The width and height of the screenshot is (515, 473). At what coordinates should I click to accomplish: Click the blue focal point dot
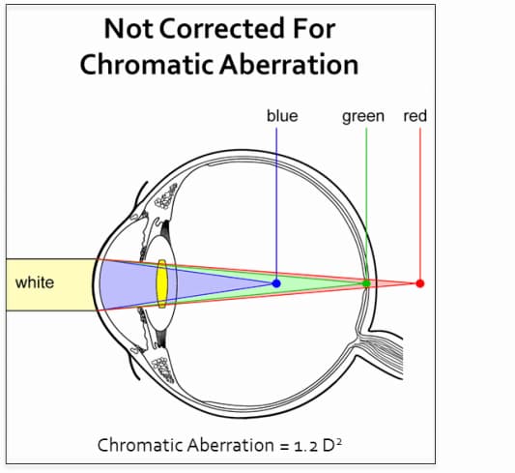pos(276,283)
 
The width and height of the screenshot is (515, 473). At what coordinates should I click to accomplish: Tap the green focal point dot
pos(366,283)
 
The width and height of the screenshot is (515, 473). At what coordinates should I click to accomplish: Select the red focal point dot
pos(420,283)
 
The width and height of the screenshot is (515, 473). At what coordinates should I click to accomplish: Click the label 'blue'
pos(282,116)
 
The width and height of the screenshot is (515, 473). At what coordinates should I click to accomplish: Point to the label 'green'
pos(363,117)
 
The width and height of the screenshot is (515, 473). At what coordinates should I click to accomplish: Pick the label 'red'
pos(415,116)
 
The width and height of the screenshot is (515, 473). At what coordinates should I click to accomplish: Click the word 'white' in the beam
pos(35,282)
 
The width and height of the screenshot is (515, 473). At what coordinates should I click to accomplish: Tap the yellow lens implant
pos(162,284)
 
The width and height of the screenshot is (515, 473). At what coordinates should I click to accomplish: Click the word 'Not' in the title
pos(129,29)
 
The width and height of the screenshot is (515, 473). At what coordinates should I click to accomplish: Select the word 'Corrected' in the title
pos(221,29)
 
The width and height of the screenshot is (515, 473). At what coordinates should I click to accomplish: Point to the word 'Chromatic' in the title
pos(147,65)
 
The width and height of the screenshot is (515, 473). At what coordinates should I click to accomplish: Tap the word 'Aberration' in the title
pos(289,65)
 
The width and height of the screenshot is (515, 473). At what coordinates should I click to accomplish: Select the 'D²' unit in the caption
pos(332,445)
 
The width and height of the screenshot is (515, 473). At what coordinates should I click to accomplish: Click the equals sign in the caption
pos(284,447)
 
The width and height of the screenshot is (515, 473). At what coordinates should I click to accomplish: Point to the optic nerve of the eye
pos(385,351)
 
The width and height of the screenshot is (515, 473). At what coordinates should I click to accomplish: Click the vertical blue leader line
pos(276,203)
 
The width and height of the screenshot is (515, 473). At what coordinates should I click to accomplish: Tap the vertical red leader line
pos(420,203)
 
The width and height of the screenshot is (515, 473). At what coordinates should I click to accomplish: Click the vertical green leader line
pos(366,203)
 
